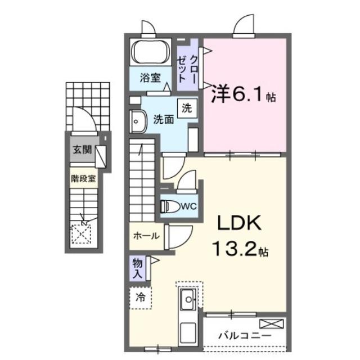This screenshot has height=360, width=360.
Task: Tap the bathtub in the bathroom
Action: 150,53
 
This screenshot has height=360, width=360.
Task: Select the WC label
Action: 189,206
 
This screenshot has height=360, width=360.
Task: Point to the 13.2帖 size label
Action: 239,247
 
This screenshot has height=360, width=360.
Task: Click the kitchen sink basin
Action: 188,300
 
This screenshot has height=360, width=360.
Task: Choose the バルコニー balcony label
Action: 245,335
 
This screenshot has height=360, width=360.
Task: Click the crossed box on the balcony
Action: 272,323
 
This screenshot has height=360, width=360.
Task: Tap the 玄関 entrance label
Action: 82,150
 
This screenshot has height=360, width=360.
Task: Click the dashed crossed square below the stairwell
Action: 82,232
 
